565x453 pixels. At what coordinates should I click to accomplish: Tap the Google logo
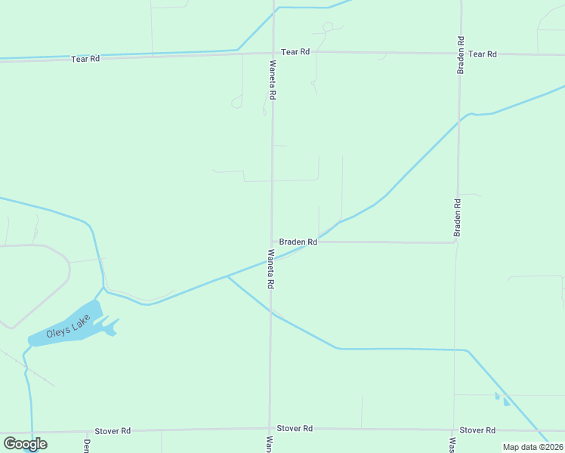[x=25, y=444]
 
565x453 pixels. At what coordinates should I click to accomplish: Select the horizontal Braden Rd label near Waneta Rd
[x=298, y=242]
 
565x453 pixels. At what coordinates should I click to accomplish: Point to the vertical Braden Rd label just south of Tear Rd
[x=460, y=55]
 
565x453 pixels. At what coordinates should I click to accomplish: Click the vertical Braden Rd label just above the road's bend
[x=457, y=217]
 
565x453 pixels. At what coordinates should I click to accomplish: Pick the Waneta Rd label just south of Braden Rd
[x=270, y=270]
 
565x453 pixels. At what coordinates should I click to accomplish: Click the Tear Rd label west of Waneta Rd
[x=85, y=58]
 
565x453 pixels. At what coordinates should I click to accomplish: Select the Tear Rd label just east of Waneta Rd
[x=295, y=52]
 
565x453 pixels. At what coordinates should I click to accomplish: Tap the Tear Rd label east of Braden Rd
[x=482, y=54]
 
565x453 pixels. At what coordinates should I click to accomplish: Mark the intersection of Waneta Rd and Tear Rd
[x=272, y=52]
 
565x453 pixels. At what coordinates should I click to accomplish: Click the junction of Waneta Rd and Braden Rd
[x=272, y=242]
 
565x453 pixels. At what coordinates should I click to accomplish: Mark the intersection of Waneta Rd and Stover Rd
[x=270, y=430]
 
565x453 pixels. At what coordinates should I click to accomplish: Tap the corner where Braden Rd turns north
[x=455, y=243]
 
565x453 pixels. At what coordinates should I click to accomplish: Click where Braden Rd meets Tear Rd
[x=460, y=54]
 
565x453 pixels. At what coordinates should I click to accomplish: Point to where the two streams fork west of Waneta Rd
[x=227, y=276]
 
